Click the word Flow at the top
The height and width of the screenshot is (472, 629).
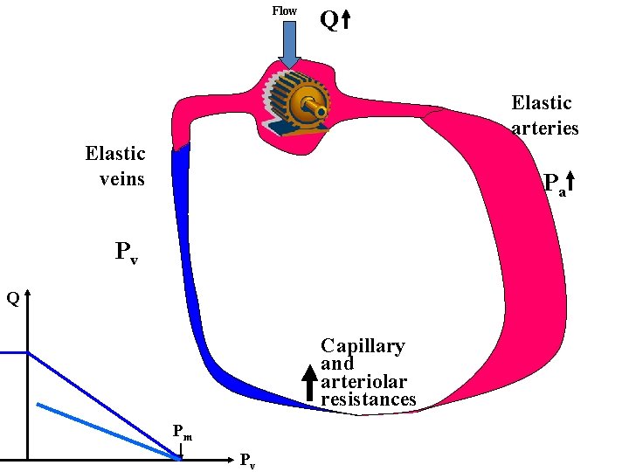tap(285, 10)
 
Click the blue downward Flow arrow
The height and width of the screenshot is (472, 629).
tap(288, 45)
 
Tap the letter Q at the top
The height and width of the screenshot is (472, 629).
tap(328, 20)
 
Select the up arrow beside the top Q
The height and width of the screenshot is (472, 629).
tap(346, 20)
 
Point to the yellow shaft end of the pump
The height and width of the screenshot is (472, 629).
tap(321, 112)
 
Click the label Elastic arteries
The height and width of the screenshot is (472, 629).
tap(543, 115)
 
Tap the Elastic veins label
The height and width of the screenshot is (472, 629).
tap(115, 166)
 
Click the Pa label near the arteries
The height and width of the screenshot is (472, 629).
tap(554, 184)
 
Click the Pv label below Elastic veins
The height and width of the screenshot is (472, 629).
tap(127, 253)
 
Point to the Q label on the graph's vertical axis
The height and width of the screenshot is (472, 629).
tap(13, 298)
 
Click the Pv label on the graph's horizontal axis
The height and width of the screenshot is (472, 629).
tap(247, 461)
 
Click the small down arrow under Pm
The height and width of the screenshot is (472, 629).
tap(181, 449)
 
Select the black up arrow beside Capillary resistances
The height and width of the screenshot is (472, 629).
tap(308, 384)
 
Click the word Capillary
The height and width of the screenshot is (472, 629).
tap(363, 346)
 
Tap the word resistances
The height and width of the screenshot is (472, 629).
tap(368, 399)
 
